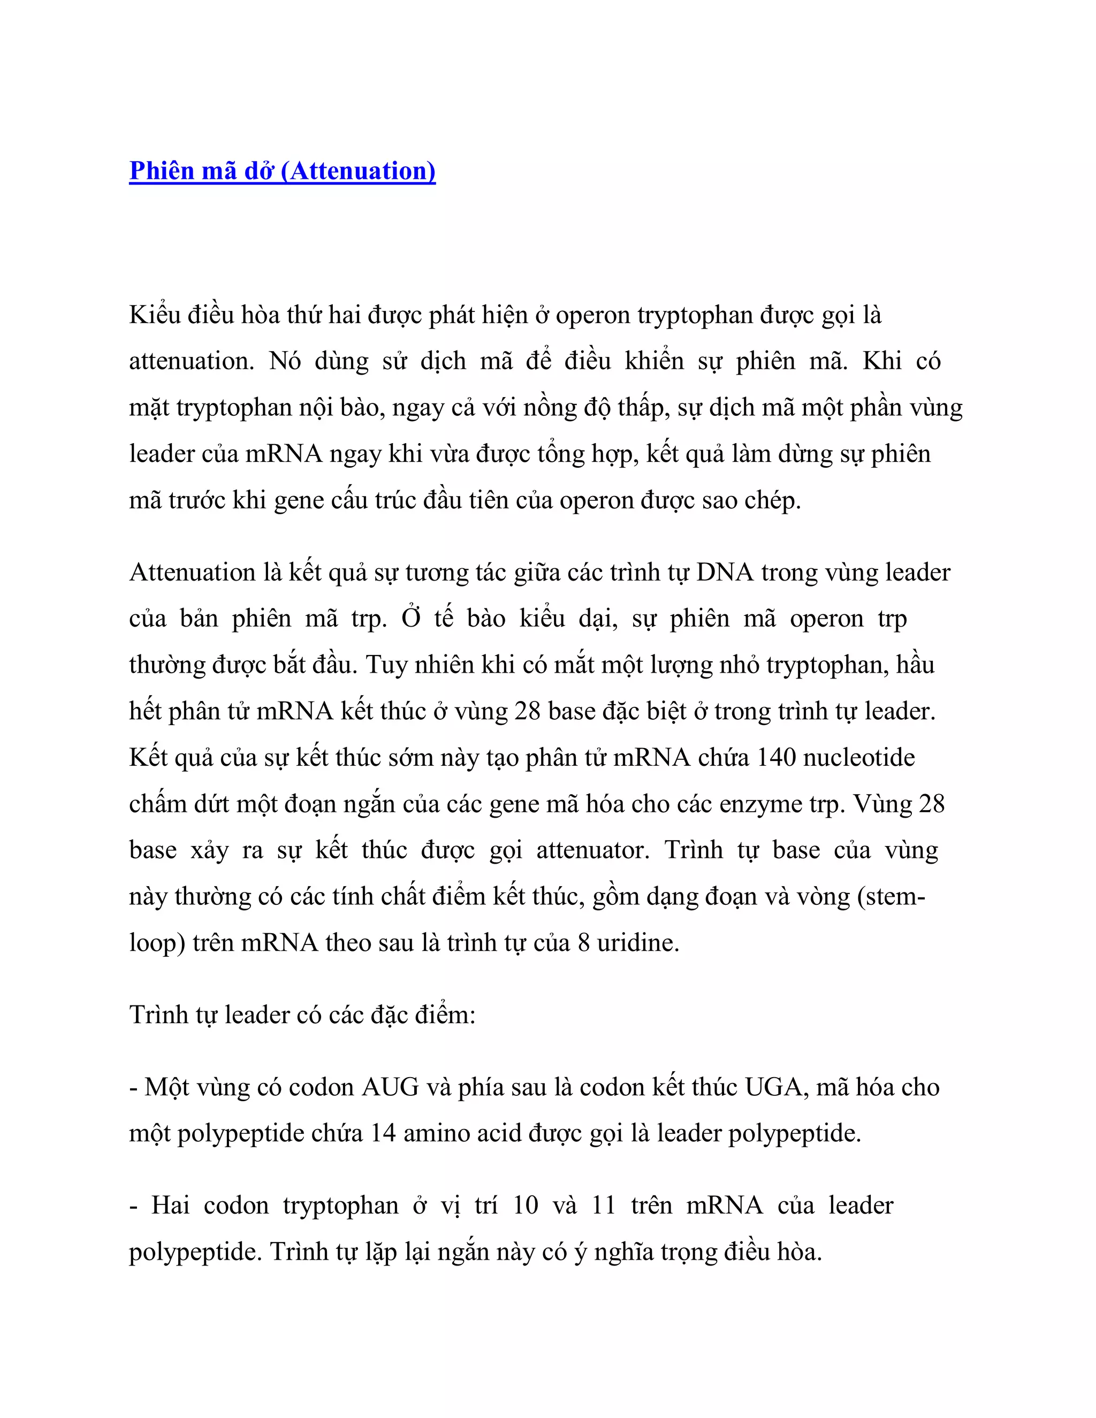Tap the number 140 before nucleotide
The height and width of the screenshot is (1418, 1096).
(x=777, y=758)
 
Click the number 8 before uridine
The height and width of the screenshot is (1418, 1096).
(x=584, y=943)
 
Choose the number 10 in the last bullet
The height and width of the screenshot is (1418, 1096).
(x=526, y=1206)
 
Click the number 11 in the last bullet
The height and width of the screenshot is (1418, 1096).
(x=603, y=1206)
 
